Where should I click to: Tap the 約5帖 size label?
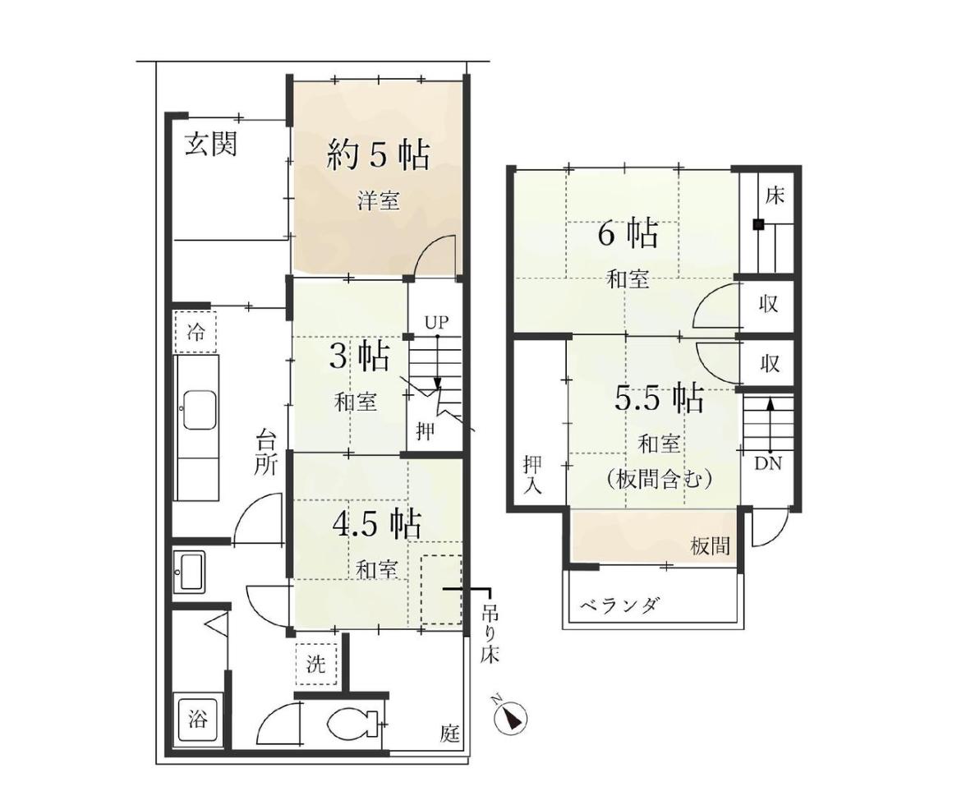[378, 154]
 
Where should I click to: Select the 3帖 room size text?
[359, 356]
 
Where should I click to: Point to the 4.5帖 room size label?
[376, 524]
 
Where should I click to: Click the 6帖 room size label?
[628, 234]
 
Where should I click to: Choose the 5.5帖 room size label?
[659, 398]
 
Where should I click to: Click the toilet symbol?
[353, 723]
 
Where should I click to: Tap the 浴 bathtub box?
[198, 721]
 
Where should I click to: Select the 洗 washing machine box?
[315, 665]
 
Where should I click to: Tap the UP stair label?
[436, 322]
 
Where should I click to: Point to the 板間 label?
[711, 545]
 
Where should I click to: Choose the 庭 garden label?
[450, 734]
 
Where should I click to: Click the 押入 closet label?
[532, 474]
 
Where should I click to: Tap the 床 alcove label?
[774, 195]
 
